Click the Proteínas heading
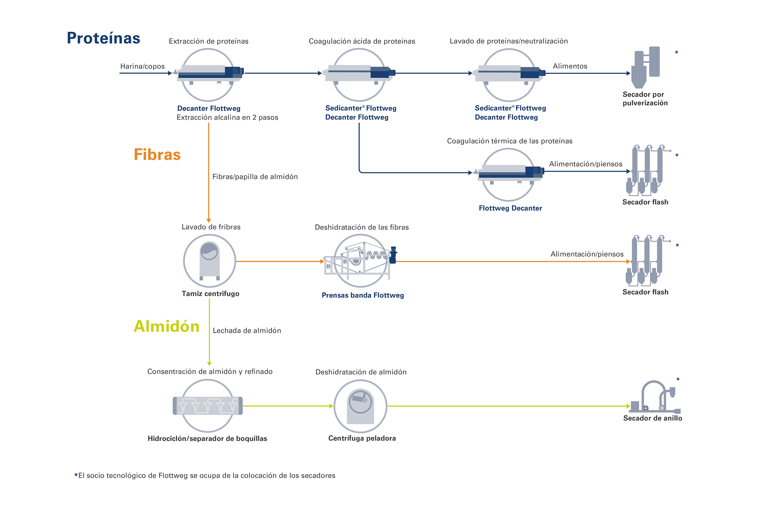pos(103,38)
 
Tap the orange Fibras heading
pos(157,154)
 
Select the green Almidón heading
pos(167,326)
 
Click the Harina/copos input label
pos(142,66)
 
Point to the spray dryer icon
pos(645,67)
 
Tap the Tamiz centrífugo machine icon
pos(209,261)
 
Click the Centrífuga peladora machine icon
pos(360,406)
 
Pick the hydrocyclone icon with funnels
pos(208,406)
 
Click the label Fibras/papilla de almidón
pos(255,177)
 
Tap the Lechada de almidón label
pos(247,331)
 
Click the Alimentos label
pos(570,66)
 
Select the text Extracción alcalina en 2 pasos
pos(227,117)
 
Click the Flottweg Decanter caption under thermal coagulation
pos(510,208)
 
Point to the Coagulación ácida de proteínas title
pos(362,41)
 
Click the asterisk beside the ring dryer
pos(678,379)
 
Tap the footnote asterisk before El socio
pos(76,475)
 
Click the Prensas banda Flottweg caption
pos(362,295)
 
